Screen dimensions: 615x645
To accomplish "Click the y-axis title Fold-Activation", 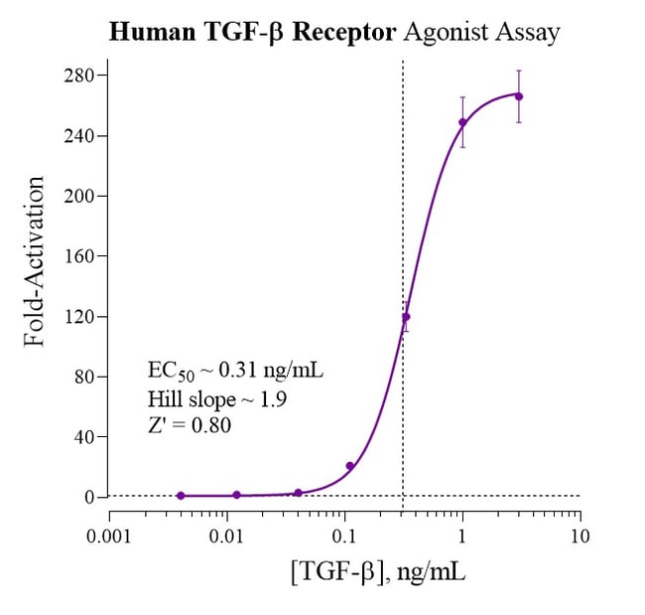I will click(x=36, y=261).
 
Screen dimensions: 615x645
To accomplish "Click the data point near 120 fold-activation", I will click(x=405, y=317).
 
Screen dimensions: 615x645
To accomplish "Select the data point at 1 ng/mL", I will click(x=462, y=122).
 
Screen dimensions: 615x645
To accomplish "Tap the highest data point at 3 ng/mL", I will click(x=519, y=96).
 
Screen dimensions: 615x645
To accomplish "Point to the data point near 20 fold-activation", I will click(x=349, y=466).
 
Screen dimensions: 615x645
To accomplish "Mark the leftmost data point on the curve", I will click(x=181, y=495).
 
